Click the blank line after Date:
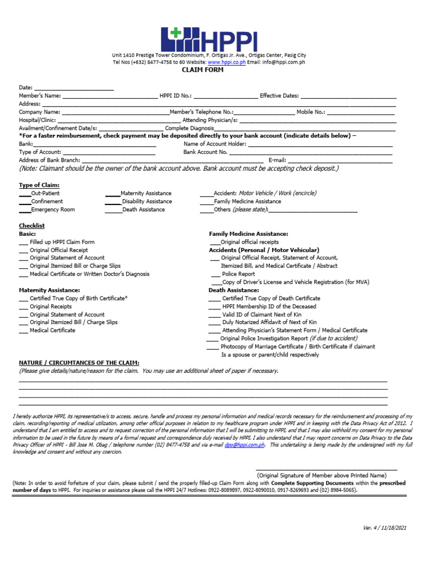point(74,88)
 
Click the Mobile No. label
point(310,112)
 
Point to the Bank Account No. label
point(205,152)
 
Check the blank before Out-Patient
point(25,193)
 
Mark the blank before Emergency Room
point(25,209)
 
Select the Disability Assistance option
point(146,202)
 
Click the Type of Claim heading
point(39,185)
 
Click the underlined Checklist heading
point(32,226)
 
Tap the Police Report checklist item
point(238,274)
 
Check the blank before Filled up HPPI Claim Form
point(23,242)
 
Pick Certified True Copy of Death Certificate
point(271,299)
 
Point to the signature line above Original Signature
point(326,469)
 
